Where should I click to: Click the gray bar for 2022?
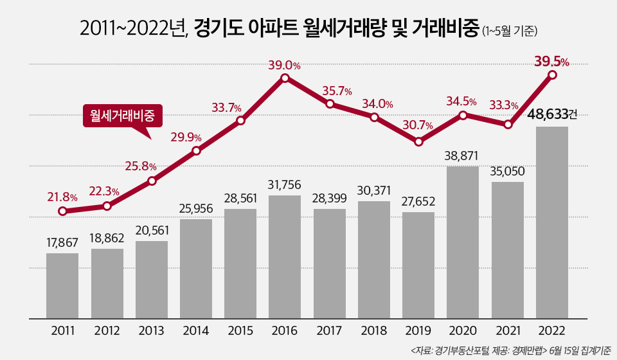point(551,222)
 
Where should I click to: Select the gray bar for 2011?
point(62,285)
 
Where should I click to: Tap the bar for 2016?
point(285,256)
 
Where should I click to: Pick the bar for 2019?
point(418,265)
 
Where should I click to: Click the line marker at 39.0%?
point(285,78)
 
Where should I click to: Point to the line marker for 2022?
point(552,75)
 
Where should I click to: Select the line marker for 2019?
point(418,141)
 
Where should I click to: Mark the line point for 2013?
point(152,181)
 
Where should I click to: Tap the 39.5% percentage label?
point(551,62)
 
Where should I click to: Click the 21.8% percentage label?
point(62,197)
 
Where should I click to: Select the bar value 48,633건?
point(551,115)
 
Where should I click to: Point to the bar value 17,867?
point(62,242)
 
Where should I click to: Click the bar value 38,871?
point(463,156)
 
